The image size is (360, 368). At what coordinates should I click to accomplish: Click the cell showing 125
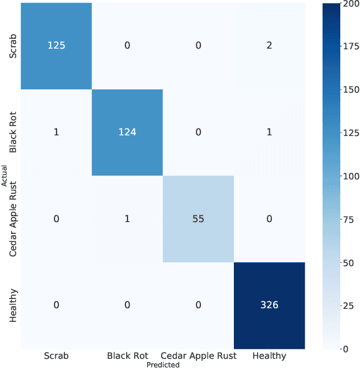[x=56, y=46]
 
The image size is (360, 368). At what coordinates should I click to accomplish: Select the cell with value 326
[x=269, y=306]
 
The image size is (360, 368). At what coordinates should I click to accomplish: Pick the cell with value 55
[x=198, y=219]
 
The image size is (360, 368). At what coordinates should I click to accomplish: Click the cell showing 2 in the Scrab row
[x=269, y=46]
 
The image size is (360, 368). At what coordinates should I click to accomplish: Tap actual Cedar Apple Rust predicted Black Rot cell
[x=127, y=219]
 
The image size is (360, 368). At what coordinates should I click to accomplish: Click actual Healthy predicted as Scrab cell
[x=56, y=306]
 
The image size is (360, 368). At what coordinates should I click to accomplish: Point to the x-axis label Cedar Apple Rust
[x=198, y=356]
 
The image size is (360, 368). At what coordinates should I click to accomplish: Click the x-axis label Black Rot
[x=127, y=356]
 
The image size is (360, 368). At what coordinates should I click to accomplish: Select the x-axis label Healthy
[x=269, y=356]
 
